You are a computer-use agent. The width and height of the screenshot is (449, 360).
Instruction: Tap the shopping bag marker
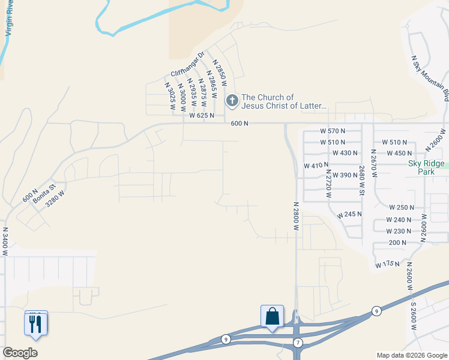(x=272, y=316)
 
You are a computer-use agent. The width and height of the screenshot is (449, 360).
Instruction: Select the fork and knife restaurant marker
(x=35, y=324)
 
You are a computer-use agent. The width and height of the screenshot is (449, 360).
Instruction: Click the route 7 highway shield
(x=298, y=342)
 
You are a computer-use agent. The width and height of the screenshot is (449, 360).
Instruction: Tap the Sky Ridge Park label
(x=426, y=167)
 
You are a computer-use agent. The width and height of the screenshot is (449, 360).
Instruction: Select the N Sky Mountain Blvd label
(x=430, y=79)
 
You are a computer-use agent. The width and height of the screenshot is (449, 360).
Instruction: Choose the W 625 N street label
(x=202, y=115)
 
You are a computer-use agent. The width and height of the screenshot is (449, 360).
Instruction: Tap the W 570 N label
(x=333, y=131)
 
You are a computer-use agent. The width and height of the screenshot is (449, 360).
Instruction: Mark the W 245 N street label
(x=349, y=214)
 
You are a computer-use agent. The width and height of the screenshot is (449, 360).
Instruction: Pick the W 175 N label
(x=388, y=264)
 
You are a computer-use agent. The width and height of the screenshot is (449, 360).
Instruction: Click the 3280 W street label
(x=55, y=198)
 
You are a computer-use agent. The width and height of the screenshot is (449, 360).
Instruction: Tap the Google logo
(x=20, y=353)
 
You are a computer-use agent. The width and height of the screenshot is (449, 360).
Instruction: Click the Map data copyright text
(x=412, y=355)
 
